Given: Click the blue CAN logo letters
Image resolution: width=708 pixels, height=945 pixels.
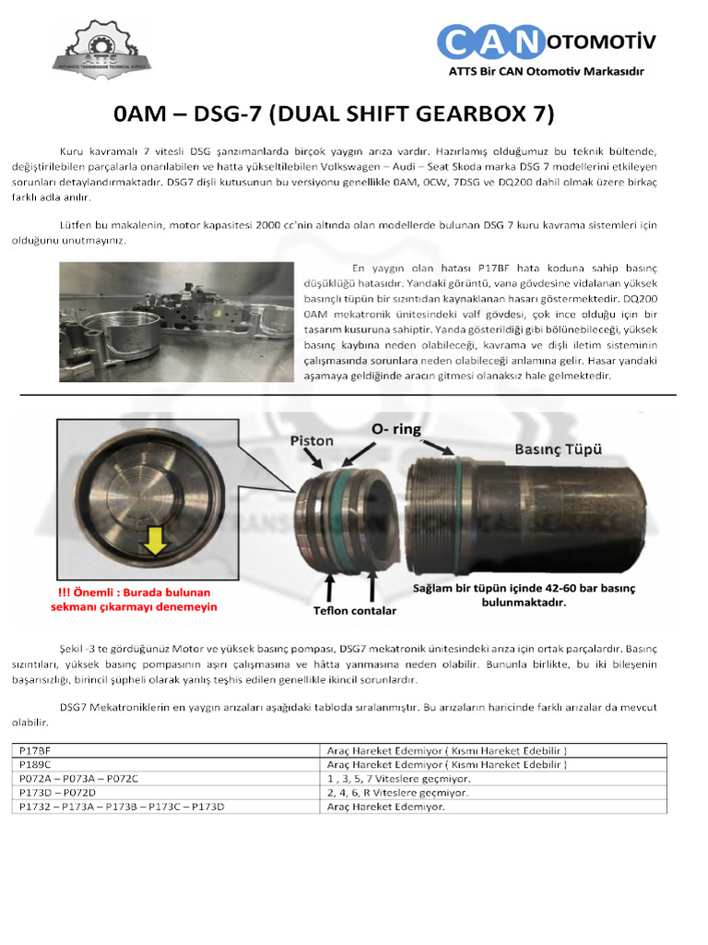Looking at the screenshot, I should tap(489, 42).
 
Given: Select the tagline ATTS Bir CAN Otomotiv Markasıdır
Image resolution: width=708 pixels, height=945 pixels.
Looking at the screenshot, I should tap(545, 72).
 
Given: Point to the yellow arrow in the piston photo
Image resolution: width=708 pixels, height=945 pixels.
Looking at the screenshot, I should tap(154, 546).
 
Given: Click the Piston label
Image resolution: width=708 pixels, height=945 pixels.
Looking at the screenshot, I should tap(312, 441).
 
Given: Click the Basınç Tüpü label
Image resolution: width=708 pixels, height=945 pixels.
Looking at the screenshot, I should tap(558, 449).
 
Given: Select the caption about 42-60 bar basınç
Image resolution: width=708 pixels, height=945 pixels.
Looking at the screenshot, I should tap(524, 594).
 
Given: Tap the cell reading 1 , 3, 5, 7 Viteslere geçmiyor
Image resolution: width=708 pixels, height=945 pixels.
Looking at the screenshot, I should tap(397, 778).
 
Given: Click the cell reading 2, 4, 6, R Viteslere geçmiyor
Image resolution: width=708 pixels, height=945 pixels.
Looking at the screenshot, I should tap(397, 792).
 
